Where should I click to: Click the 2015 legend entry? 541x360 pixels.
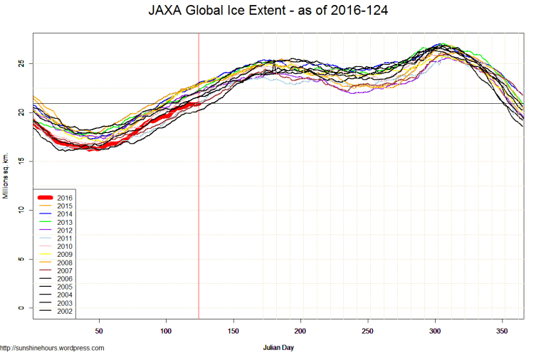(65, 206)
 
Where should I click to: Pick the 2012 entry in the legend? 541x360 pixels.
(65, 230)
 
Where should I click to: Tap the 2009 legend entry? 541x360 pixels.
(65, 254)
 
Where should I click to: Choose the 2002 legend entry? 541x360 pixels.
(65, 311)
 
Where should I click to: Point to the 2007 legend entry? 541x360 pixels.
(65, 270)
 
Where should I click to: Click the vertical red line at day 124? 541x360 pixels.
(198, 213)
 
